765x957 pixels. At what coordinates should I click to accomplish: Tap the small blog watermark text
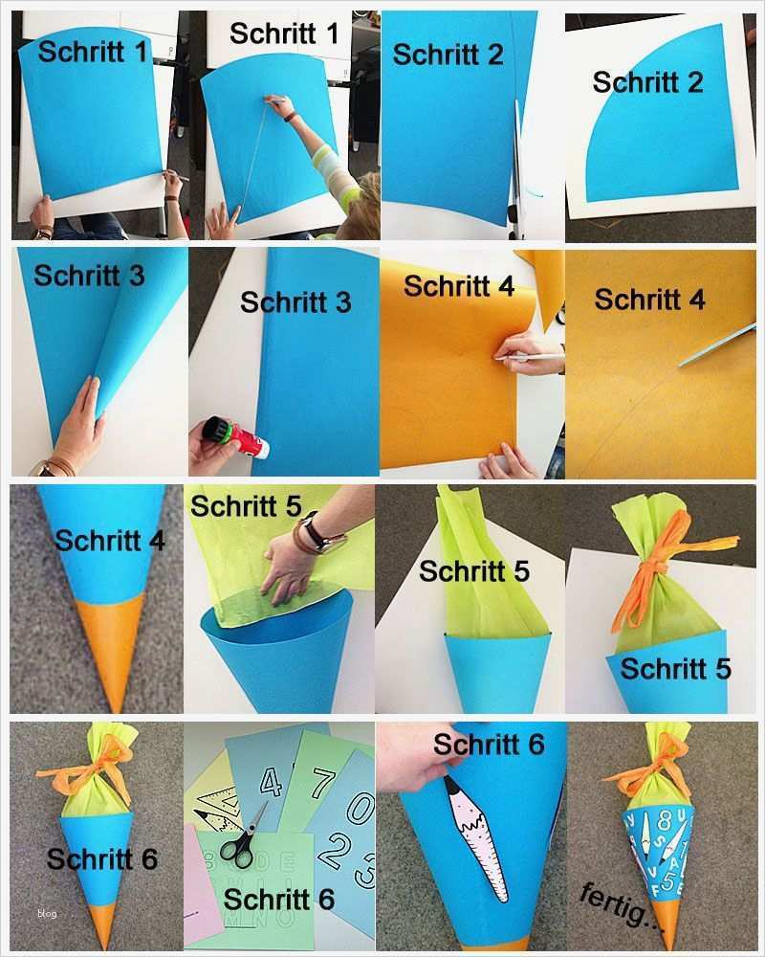pyautogui.click(x=47, y=913)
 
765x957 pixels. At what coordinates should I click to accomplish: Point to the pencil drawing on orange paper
pyautogui.click(x=528, y=357)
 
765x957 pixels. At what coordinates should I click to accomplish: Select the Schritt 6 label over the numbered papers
pyautogui.click(x=279, y=900)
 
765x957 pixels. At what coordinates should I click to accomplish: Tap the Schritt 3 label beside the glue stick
pyautogui.click(x=295, y=302)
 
